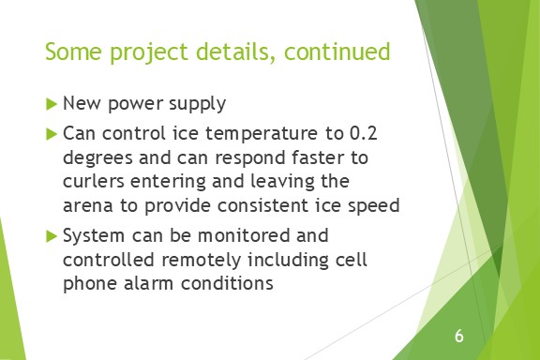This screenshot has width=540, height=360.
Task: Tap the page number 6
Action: click(x=458, y=336)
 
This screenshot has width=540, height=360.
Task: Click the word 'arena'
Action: click(x=87, y=203)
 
